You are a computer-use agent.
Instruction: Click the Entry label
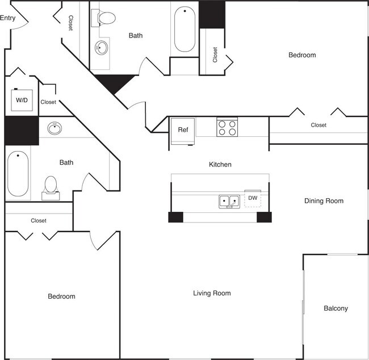(x=8, y=18)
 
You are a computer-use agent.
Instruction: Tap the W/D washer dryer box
(x=22, y=100)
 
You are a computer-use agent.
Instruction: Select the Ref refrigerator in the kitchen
(x=183, y=130)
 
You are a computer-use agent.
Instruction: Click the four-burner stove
(x=227, y=127)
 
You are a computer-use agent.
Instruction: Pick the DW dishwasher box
(x=253, y=198)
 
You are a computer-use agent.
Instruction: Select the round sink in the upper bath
(x=102, y=48)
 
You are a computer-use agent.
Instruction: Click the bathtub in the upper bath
(x=185, y=30)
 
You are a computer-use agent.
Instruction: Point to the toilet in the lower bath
(x=51, y=186)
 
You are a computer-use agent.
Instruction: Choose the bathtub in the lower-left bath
(x=18, y=173)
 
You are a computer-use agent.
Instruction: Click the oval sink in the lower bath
(x=56, y=128)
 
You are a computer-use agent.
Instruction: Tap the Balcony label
(x=336, y=308)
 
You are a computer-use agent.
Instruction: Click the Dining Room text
(x=324, y=200)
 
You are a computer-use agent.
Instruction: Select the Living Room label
(x=212, y=293)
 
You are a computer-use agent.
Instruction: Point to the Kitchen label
(x=220, y=164)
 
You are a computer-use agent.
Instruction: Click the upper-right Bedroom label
(x=302, y=55)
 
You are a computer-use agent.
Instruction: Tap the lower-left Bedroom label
(x=61, y=296)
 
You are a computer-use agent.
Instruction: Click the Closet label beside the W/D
(x=48, y=102)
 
